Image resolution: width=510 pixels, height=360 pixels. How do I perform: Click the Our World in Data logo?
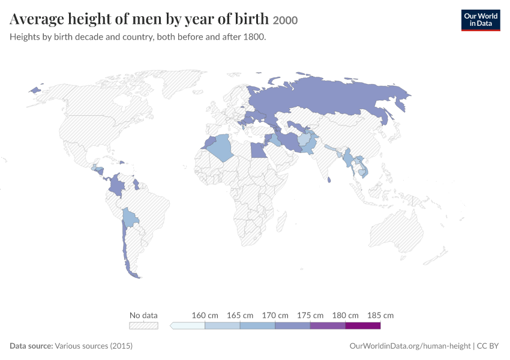(x=481, y=20)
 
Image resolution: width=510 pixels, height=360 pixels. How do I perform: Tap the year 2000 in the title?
(x=285, y=20)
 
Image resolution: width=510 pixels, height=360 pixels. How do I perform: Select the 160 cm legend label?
(x=205, y=315)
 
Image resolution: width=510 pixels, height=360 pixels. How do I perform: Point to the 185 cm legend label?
(x=380, y=315)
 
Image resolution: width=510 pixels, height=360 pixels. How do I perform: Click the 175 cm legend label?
(x=310, y=315)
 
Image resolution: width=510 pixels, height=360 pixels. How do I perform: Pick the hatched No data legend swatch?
(x=143, y=326)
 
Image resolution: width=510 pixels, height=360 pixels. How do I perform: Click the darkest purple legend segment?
(x=362, y=326)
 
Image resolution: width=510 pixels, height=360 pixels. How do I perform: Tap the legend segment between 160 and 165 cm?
(x=223, y=326)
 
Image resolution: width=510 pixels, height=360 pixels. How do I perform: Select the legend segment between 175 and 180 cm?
(x=328, y=326)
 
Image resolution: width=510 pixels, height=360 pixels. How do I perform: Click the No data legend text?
(x=143, y=315)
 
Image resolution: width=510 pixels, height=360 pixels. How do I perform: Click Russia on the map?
(x=325, y=98)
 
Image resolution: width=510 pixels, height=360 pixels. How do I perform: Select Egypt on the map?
(x=259, y=150)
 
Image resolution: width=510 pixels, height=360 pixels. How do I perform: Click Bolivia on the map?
(x=130, y=217)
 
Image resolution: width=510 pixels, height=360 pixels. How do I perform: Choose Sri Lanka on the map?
(x=329, y=179)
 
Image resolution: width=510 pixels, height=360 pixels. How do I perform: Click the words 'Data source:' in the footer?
(x=31, y=346)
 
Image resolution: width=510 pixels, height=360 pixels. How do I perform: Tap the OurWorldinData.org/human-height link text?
(x=410, y=346)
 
